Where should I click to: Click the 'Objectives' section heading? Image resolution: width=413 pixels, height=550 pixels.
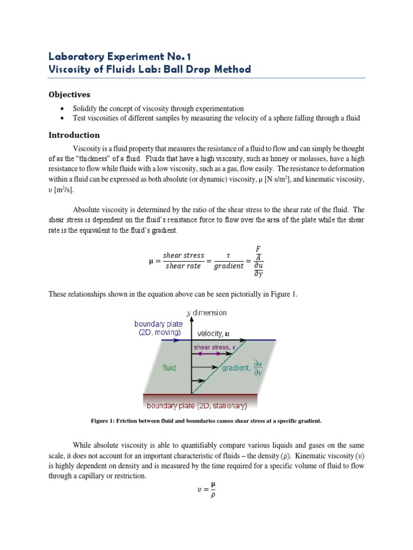coord(69,95)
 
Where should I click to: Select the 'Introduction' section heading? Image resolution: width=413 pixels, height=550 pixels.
coord(74,135)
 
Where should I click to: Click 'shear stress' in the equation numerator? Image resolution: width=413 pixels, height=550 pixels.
coord(184,255)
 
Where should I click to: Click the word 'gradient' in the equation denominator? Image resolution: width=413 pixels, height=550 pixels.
coord(229,266)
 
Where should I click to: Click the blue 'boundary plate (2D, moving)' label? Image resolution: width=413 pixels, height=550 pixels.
coord(158,328)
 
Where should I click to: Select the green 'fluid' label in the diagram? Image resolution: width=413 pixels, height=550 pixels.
coord(169,368)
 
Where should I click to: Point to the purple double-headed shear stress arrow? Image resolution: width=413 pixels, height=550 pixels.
coord(214,354)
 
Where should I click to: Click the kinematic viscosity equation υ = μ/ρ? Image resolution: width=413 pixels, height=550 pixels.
coord(206,490)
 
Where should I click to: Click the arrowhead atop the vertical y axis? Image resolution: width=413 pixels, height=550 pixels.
coord(191,315)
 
